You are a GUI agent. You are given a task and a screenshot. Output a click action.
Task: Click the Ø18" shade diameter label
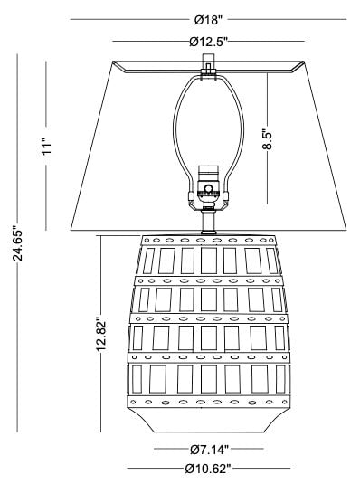pos(208,20)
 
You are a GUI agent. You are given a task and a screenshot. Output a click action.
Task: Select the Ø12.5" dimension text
pos(208,42)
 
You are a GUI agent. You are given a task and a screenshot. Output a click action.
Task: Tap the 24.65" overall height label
pos(18,245)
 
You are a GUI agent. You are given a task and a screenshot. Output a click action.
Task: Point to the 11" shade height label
pos(47,147)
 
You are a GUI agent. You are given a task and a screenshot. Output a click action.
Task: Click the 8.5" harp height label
pos(267,139)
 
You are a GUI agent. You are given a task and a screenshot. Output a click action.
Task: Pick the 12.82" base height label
pos(101,335)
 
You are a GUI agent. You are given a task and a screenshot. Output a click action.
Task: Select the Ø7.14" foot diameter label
pos(209,450)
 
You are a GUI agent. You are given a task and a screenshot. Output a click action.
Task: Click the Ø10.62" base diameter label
pos(208,469)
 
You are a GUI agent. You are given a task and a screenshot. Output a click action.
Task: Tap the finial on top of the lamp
pos(208,64)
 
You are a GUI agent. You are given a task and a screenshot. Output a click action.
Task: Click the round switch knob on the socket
pos(209,188)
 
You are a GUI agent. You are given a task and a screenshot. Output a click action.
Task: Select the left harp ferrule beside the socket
pos(191,196)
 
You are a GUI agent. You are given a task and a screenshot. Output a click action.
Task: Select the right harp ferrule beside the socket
pos(226,196)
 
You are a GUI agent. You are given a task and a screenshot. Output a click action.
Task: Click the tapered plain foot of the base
pos(208,420)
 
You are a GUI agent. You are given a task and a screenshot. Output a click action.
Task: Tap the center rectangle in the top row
pos(209,261)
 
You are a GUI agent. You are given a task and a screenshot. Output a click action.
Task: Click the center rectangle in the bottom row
pos(209,379)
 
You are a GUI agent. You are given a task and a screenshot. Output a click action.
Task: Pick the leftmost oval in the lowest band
pos(133,402)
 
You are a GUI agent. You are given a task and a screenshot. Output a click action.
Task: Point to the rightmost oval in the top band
pos(271,240)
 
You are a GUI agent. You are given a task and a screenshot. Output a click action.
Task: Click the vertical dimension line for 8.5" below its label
pos(268,177)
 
